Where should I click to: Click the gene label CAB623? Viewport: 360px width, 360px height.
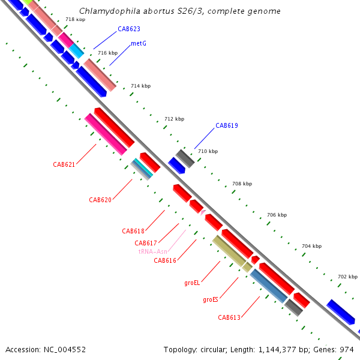tap(128, 28)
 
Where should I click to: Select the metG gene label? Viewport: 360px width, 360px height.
tap(139, 43)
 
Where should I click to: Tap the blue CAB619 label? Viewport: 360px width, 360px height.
tap(227, 125)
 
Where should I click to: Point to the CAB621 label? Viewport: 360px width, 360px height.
tap(64, 164)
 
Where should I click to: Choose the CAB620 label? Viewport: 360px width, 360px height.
tap(100, 200)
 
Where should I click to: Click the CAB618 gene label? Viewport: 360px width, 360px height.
tap(133, 231)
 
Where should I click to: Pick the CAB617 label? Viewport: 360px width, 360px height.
tap(146, 243)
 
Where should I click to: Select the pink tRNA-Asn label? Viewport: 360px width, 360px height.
tap(152, 252)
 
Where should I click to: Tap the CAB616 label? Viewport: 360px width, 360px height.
tap(164, 260)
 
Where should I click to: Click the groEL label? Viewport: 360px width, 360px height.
tap(192, 282)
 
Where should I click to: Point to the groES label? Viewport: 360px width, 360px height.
tap(210, 299)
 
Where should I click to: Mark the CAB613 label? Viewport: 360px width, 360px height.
tap(229, 317)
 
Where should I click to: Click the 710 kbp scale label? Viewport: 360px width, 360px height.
tap(208, 151)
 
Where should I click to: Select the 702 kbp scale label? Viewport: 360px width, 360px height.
tap(347, 277)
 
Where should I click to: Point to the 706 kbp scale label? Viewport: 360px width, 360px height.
tap(277, 215)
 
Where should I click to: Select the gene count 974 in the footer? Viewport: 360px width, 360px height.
tap(347, 349)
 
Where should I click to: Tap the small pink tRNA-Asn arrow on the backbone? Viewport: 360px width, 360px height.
tap(203, 212)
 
